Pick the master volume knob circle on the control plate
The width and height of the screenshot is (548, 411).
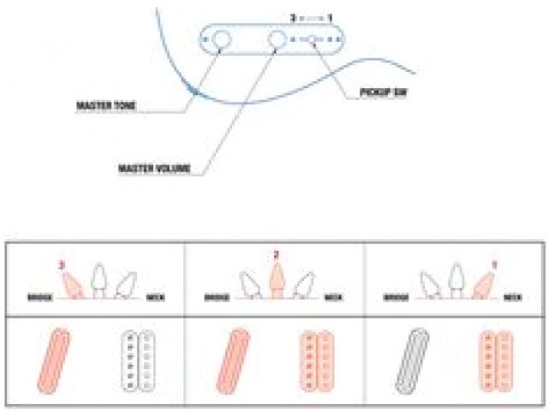277,39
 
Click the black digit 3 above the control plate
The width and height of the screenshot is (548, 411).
294,17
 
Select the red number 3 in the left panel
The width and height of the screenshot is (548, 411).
62,265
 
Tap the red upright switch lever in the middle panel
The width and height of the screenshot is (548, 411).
276,279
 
